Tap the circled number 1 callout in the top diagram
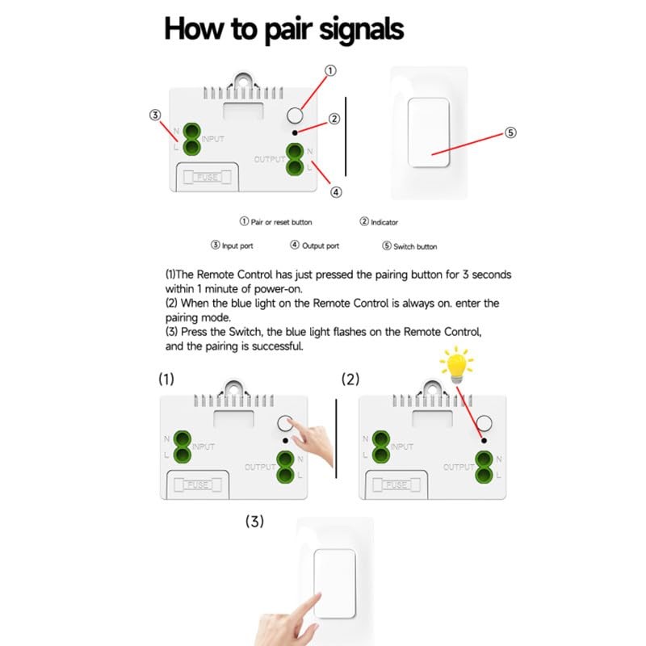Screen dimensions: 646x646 point(329,71)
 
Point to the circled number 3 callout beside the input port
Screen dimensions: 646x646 point(155,115)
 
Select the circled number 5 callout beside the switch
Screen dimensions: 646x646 point(510,133)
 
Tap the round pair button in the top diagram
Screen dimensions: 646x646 point(297,116)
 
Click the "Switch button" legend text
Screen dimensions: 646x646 point(416,246)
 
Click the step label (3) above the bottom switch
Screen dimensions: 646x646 point(254,522)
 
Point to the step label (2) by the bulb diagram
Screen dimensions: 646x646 point(350,379)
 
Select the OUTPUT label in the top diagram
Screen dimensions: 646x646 point(269,159)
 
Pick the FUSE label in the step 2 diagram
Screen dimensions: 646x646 point(396,484)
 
